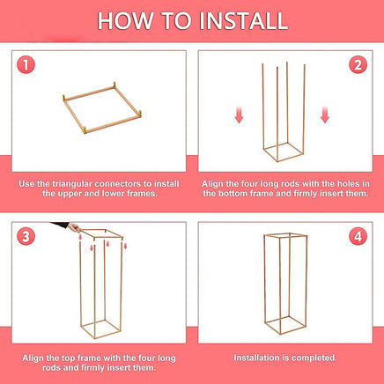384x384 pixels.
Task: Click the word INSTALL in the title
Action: [x=244, y=21]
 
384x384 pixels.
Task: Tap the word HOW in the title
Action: [x=125, y=21]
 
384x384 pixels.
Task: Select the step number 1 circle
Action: [x=26, y=65]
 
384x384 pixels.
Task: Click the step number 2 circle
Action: [x=358, y=65]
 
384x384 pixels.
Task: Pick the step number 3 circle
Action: [x=26, y=236]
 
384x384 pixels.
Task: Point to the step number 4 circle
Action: [x=358, y=236]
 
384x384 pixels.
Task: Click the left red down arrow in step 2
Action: [x=239, y=115]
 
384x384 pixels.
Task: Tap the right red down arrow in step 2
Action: [x=325, y=115]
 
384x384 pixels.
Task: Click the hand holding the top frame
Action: [x=74, y=227]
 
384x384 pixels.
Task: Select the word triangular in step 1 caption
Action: [x=72, y=184]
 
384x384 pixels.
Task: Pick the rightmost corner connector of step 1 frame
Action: [x=140, y=114]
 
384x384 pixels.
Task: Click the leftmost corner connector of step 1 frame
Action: [x=64, y=98]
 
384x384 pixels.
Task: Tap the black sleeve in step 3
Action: [x=60, y=225]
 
